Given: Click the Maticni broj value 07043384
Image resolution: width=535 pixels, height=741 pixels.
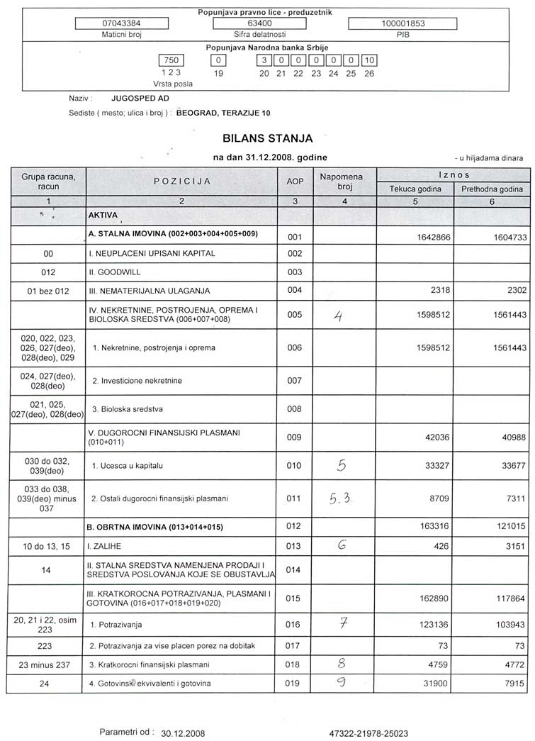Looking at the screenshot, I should point(121,23).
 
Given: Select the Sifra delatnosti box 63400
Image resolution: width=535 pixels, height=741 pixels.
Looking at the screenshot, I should point(260,23).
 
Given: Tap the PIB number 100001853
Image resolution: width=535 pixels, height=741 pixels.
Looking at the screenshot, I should point(403,23).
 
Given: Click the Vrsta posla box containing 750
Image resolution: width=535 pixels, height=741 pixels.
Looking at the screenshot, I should point(171,61).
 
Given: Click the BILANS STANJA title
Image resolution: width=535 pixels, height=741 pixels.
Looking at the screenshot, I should point(267,138).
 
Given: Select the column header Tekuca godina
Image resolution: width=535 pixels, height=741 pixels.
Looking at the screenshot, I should point(415,189).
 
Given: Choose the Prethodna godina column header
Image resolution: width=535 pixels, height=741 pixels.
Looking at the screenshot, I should point(492,189).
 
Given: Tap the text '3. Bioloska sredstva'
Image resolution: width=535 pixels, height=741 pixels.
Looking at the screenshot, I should point(128,410).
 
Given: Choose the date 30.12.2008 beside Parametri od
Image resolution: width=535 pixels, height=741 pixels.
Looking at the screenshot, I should point(184,731).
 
